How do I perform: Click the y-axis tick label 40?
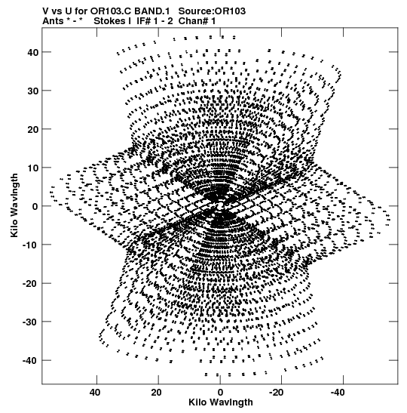click(x=33, y=52)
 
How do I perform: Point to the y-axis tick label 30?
click(x=33, y=91)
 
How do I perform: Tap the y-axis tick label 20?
click(x=33, y=129)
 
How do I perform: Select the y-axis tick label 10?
click(x=33, y=168)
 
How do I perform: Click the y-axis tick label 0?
click(x=35, y=207)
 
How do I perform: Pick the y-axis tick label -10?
click(x=30, y=245)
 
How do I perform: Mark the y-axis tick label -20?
click(x=30, y=283)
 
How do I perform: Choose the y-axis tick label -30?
click(x=30, y=322)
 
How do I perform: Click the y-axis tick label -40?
click(x=30, y=360)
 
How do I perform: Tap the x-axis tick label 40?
click(x=95, y=393)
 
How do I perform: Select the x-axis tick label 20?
click(x=157, y=393)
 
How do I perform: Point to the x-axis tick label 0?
click(x=220, y=393)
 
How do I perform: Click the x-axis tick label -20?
click(x=277, y=393)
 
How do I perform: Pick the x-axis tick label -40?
click(x=338, y=393)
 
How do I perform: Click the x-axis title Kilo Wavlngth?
click(x=221, y=402)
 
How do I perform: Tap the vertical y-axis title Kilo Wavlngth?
click(x=14, y=205)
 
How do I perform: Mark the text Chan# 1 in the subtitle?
click(x=197, y=21)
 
